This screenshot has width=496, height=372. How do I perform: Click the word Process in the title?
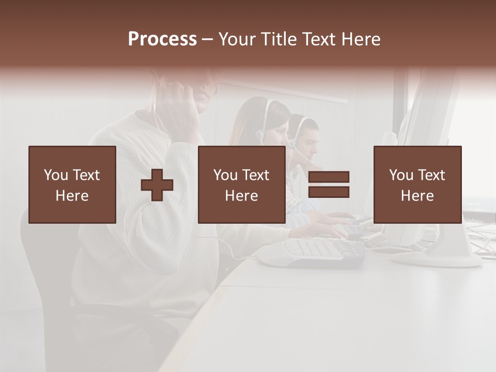162,39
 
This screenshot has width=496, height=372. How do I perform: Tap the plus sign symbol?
157,184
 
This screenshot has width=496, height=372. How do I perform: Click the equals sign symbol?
329,184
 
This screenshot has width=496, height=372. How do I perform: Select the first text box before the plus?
72,184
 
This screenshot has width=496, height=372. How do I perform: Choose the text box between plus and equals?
241,184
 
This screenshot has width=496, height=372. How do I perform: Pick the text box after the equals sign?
417,184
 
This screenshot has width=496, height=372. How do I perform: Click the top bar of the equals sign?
329,177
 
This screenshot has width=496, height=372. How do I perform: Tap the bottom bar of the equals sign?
329,192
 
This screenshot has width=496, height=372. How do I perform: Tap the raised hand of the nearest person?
178,103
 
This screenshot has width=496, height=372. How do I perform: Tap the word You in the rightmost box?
401,175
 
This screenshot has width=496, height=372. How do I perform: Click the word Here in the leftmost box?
72,196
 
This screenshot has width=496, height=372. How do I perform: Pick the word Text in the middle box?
256,175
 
